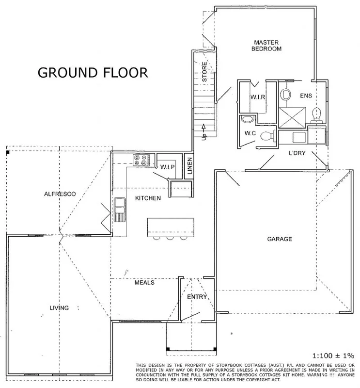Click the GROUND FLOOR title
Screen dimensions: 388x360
click(x=93, y=73)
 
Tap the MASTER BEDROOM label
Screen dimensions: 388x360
click(x=261, y=46)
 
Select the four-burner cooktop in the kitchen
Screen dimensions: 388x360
click(x=141, y=160)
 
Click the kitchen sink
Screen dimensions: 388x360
click(x=119, y=209)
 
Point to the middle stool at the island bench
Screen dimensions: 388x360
click(x=170, y=238)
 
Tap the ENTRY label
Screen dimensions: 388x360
click(x=197, y=297)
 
